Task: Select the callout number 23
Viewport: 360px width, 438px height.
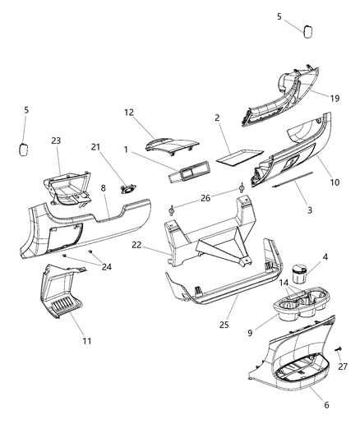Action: [55, 141]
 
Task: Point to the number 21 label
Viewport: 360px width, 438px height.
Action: [96, 146]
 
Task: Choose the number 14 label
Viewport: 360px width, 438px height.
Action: [284, 282]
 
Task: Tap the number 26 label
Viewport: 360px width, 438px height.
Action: [205, 197]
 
